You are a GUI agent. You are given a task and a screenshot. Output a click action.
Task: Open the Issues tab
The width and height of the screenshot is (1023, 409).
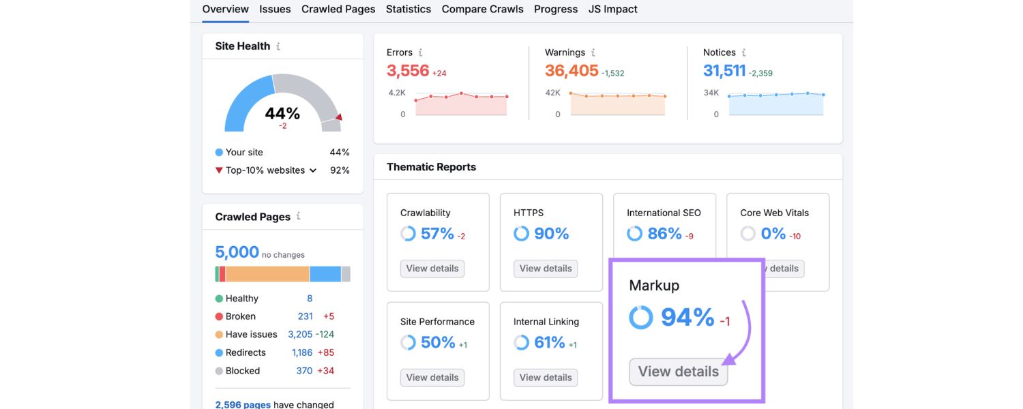tap(275, 10)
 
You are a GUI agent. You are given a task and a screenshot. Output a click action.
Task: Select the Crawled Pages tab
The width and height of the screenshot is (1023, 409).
tap(338, 10)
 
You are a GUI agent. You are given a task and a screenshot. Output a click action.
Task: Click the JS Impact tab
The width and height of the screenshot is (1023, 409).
tap(612, 10)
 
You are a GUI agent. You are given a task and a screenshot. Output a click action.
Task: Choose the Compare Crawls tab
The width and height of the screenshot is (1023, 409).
tap(482, 10)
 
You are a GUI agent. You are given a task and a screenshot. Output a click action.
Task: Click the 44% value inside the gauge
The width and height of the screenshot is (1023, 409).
tap(282, 113)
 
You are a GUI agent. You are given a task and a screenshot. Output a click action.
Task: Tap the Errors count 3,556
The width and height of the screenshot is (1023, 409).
tap(408, 71)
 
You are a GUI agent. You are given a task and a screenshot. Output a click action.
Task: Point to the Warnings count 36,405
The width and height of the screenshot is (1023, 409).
tap(572, 71)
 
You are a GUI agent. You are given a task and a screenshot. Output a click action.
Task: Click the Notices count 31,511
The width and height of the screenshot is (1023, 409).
tap(724, 71)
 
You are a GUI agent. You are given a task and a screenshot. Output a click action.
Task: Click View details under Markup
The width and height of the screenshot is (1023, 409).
tap(678, 372)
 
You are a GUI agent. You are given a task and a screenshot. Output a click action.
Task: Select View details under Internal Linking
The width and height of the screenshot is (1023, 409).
tap(546, 378)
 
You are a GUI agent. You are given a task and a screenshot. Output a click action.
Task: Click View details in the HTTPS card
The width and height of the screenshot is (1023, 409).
tap(546, 269)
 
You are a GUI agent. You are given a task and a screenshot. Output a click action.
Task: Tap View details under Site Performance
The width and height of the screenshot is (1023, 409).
tap(432, 378)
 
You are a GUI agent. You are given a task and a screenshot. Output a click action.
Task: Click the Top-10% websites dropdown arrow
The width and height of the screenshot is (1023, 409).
tap(313, 170)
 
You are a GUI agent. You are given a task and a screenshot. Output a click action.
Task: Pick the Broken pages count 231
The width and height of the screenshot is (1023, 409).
tap(305, 316)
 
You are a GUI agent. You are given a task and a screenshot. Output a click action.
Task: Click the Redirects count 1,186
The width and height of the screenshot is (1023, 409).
tap(302, 352)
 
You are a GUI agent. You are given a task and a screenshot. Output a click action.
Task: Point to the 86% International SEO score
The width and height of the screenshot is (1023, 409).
tap(664, 234)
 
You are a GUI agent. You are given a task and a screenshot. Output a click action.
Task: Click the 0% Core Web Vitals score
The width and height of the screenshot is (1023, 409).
tap(773, 234)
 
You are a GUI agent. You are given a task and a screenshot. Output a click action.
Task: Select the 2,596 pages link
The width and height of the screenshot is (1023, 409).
tap(243, 404)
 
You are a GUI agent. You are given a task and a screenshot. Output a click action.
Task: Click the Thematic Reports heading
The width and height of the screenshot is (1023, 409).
tap(431, 167)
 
